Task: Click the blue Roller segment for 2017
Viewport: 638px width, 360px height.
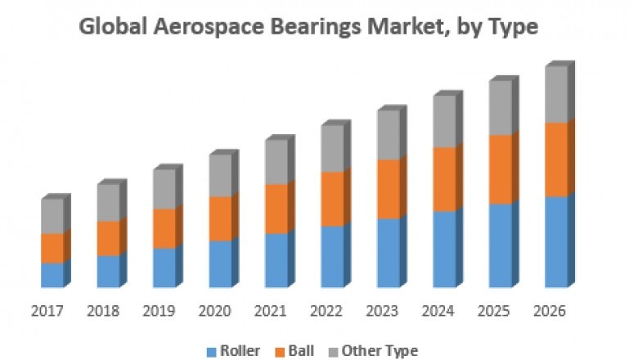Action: (52, 275)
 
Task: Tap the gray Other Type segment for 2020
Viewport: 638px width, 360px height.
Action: (220, 175)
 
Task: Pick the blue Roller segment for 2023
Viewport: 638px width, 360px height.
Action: (389, 253)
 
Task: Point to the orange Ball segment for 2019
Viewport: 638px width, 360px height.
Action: (164, 228)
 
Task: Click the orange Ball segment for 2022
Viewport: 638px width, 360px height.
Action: (332, 199)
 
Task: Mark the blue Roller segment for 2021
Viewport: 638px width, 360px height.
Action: (276, 260)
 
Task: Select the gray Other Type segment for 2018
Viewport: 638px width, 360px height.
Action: (108, 202)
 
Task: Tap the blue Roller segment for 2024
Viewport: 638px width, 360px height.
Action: (444, 249)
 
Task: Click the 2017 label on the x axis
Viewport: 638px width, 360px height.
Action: (47, 311)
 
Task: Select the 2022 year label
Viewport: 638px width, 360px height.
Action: (326, 311)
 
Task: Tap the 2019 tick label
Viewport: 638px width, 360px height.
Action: (159, 311)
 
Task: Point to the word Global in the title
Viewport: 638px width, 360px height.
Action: (110, 27)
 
